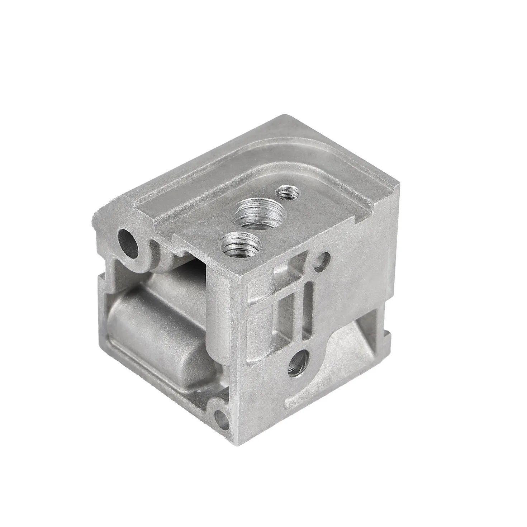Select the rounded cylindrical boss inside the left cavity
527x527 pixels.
click(x=151, y=333)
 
